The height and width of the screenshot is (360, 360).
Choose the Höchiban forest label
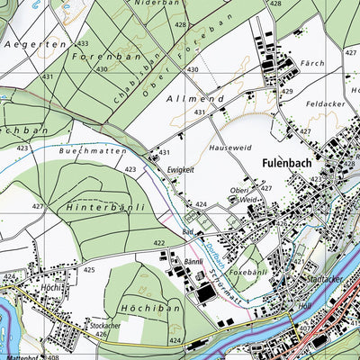[151, 308]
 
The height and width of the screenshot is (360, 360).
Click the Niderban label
[151, 4]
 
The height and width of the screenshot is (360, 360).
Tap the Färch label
[314, 64]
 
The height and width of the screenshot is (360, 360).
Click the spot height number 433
[83, 43]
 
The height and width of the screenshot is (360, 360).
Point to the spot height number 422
[158, 244]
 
